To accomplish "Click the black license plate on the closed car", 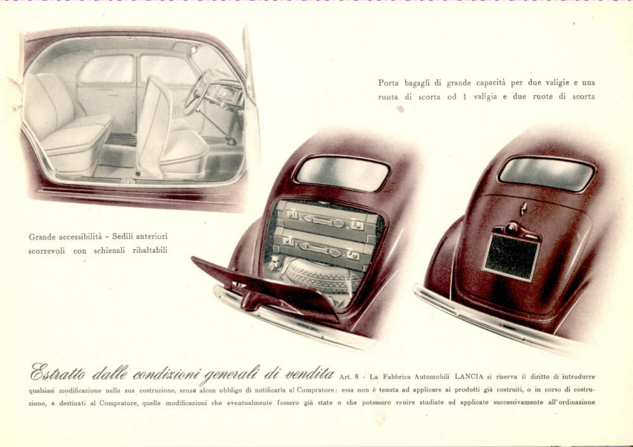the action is coord(511,257).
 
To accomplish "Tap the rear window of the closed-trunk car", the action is coord(547,173).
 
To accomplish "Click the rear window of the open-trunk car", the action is coord(342,173).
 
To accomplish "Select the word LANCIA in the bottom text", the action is coord(468,376).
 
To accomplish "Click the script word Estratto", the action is coord(58,372).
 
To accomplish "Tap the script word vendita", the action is coord(310,373).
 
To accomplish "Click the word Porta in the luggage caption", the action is coord(388,83).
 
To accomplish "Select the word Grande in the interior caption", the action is coord(43,237).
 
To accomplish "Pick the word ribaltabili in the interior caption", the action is coord(150,250).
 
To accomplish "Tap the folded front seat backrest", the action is coord(153,125).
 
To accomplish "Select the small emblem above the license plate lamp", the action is coord(523,208).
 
